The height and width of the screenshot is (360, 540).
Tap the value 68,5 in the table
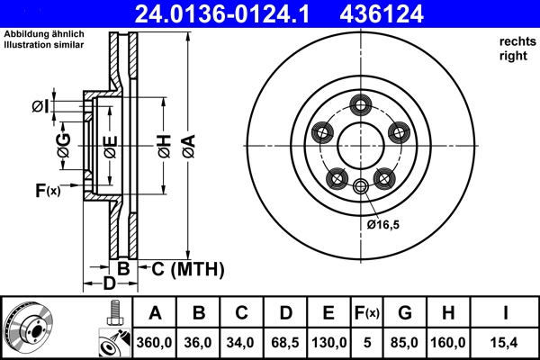click(285, 342)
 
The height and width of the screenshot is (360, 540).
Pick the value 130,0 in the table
click(329, 342)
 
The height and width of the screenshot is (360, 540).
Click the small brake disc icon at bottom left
click(29, 328)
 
